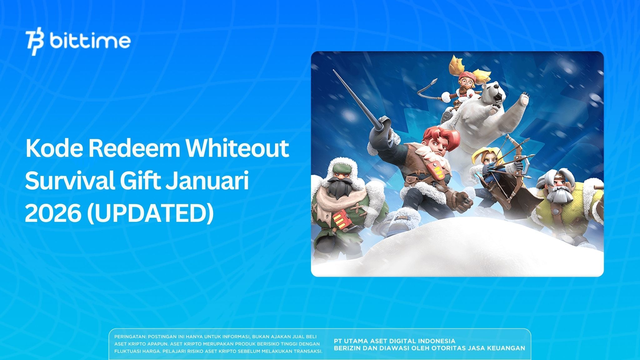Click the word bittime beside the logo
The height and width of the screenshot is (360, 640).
point(90,41)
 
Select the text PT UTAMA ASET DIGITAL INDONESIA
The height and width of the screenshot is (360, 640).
point(394,341)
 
